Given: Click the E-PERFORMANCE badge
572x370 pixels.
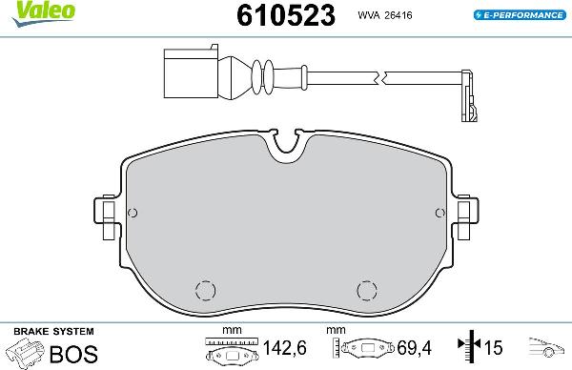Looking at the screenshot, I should (519, 14).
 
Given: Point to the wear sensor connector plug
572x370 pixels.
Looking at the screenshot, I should (196, 72).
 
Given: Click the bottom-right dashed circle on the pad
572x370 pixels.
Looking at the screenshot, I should (367, 290).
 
